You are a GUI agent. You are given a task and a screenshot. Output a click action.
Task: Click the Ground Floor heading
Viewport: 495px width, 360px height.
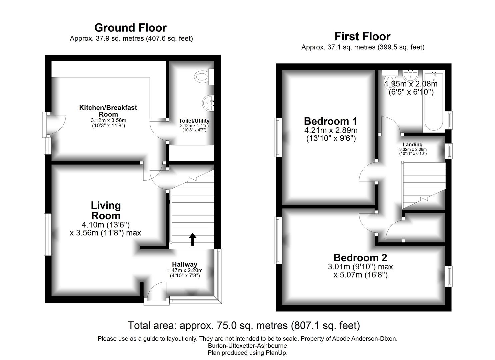click(130, 28)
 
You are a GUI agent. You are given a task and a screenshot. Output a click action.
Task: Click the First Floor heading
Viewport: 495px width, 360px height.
click(362, 36)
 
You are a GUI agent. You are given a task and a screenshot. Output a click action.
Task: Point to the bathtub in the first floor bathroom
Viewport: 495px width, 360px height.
click(434, 102)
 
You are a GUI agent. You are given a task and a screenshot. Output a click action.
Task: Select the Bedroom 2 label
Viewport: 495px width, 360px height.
click(360, 258)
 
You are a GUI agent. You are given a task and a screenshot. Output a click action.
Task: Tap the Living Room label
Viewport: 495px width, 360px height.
click(106, 210)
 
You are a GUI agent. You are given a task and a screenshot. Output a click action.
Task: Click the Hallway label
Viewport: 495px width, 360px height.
click(185, 264)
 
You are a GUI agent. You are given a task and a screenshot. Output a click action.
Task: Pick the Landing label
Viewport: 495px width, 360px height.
click(412, 145)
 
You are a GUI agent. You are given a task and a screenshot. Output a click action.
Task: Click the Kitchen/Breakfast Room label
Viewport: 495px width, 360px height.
click(108, 111)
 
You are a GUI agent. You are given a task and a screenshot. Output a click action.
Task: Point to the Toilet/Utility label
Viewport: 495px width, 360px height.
click(194, 121)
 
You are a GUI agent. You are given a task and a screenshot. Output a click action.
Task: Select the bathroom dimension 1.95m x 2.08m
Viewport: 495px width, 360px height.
click(411, 84)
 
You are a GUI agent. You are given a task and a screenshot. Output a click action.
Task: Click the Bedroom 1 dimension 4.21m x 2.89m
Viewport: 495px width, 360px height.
click(331, 130)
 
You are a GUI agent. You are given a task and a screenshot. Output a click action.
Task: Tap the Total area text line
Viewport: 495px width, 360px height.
click(244, 325)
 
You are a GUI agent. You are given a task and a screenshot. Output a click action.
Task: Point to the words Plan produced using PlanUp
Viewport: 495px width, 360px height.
click(247, 353)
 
